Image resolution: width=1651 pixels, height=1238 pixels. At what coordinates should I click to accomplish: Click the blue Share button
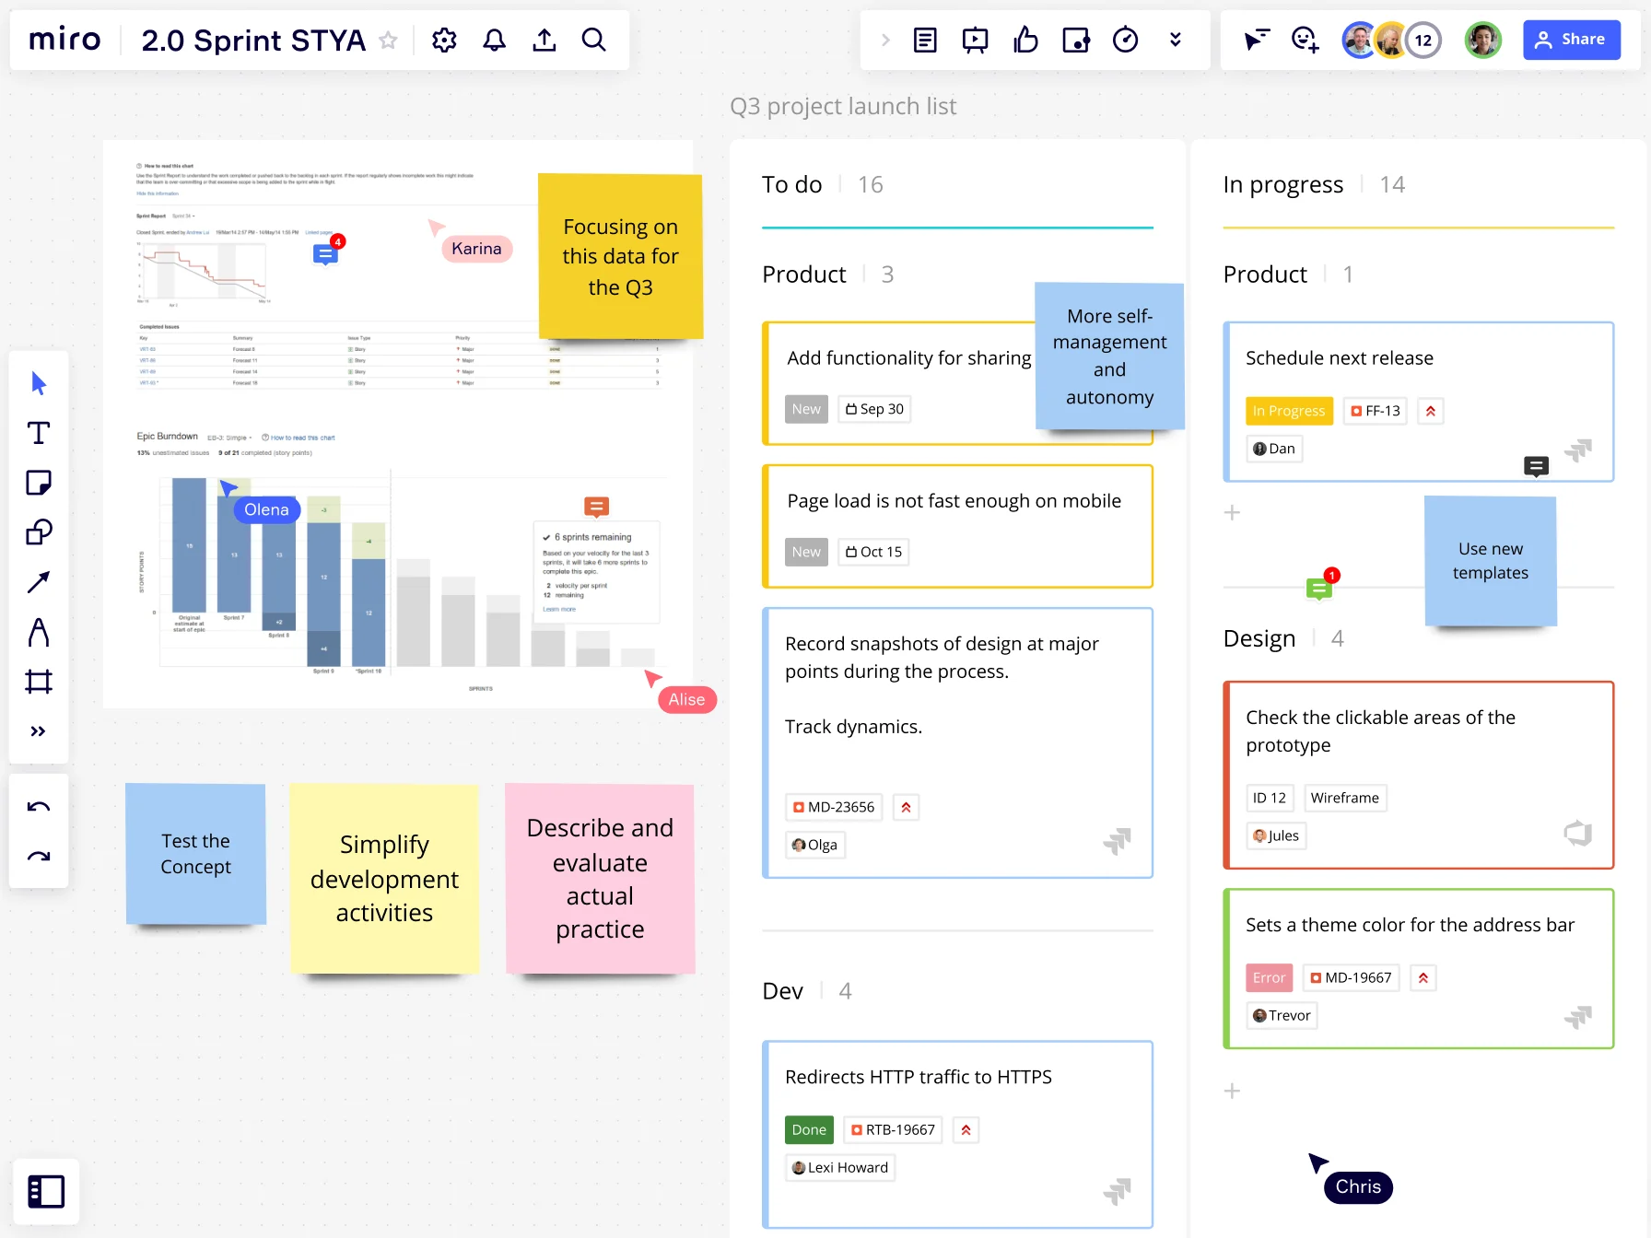point(1571,40)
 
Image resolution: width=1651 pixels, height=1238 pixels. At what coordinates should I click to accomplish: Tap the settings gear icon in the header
point(444,40)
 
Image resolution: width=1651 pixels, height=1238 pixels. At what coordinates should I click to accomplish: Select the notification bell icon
point(495,40)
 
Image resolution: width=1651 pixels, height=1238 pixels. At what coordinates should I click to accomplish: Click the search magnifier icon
point(594,40)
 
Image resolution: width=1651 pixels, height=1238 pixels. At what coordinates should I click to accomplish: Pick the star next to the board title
point(389,41)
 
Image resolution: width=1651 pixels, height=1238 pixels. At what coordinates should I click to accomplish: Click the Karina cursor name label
point(476,249)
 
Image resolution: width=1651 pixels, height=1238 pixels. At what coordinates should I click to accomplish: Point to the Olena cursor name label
point(266,510)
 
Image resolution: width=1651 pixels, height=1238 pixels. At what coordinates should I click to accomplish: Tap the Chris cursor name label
point(1358,1186)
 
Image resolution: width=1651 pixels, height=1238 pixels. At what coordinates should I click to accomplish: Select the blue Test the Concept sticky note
point(195,854)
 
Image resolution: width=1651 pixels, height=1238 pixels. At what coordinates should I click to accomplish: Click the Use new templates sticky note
point(1490,561)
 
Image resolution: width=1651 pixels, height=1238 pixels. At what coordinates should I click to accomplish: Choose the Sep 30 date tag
point(874,409)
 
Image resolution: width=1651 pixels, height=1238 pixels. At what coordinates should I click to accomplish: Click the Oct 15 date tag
point(873,552)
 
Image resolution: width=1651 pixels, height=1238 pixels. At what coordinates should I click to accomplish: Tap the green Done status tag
point(809,1129)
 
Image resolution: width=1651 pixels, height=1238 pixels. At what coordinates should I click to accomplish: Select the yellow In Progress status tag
point(1288,411)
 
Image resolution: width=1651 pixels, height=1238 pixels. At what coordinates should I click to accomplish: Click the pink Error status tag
point(1269,977)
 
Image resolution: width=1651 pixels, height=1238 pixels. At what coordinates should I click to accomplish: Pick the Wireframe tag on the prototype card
point(1344,798)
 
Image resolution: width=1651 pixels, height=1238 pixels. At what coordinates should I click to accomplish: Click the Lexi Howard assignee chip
point(840,1167)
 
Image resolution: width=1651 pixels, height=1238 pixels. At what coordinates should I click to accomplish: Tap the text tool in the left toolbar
point(39,433)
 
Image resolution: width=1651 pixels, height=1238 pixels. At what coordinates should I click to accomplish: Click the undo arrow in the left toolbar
point(39,807)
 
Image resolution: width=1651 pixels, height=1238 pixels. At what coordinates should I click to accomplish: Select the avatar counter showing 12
point(1423,40)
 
